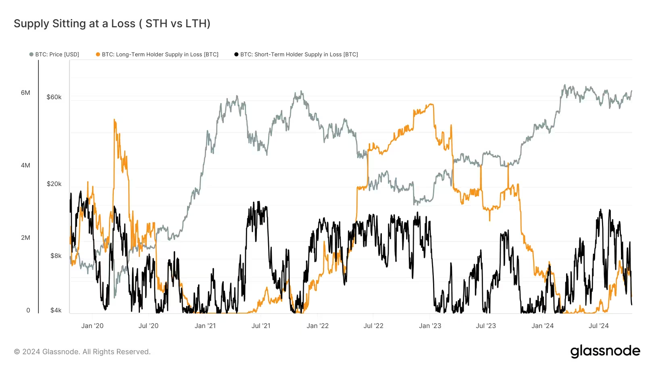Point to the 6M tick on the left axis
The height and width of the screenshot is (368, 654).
(x=25, y=93)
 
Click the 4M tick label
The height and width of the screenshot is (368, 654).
(x=25, y=165)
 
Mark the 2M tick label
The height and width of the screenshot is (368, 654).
(x=25, y=238)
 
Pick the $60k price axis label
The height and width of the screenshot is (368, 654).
(x=54, y=97)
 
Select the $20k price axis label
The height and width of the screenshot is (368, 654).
(x=54, y=184)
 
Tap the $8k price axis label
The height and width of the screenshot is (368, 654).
(x=56, y=256)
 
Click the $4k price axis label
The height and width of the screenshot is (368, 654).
(x=56, y=310)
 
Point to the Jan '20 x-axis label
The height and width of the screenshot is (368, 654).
(x=92, y=326)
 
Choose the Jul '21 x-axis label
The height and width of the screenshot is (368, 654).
(x=261, y=326)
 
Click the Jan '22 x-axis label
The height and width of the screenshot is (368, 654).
(x=317, y=326)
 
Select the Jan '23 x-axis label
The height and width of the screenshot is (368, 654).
(x=430, y=326)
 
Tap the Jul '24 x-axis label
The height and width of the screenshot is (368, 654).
(x=598, y=326)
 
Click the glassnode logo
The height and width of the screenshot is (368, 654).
(x=605, y=351)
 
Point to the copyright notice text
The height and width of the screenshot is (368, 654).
(x=82, y=352)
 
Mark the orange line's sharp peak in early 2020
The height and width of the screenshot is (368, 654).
(x=115, y=120)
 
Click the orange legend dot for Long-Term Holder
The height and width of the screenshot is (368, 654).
(x=98, y=54)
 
